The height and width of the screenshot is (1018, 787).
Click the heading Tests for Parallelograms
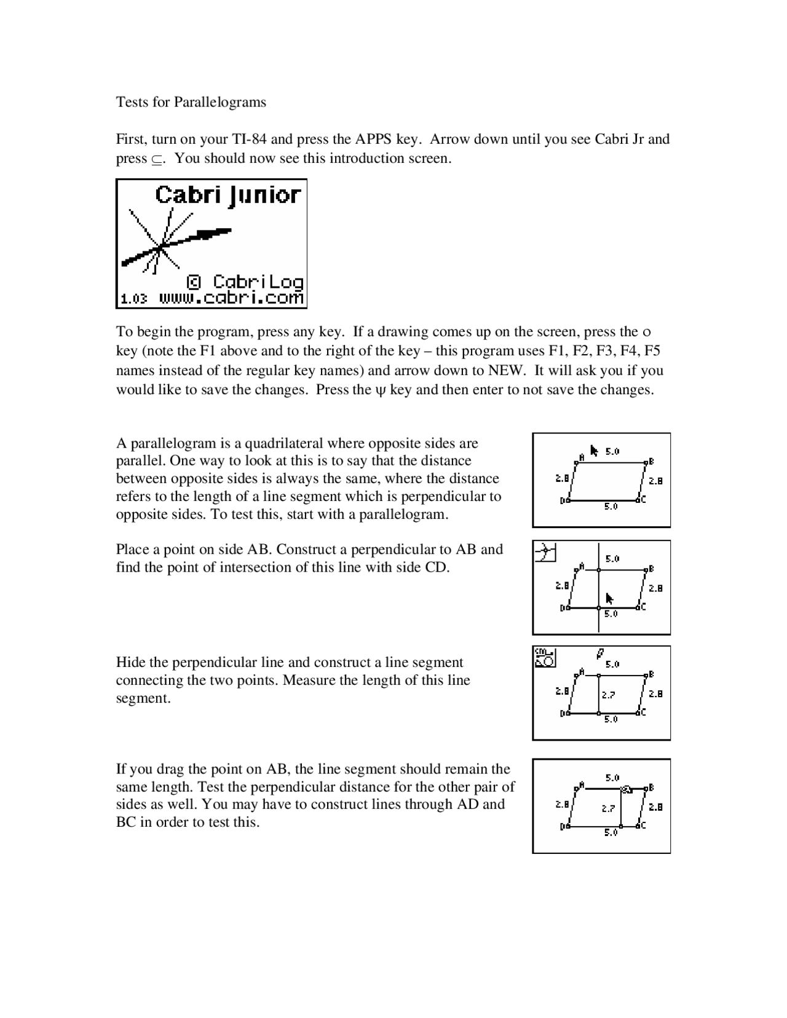click(191, 102)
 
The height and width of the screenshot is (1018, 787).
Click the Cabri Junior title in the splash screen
click(227, 195)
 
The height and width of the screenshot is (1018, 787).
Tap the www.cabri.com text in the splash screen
click(231, 298)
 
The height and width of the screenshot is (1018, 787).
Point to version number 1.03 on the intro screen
click(133, 299)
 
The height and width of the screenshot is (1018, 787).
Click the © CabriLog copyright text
click(245, 282)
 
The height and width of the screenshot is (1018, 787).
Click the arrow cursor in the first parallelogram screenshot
click(594, 451)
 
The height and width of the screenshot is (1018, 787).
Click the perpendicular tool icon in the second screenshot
click(545, 551)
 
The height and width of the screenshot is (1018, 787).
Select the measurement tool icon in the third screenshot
click(545, 657)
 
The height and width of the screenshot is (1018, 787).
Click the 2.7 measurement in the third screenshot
click(608, 695)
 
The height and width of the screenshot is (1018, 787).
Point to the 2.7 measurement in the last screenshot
click(608, 809)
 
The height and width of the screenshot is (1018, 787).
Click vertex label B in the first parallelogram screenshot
click(651, 461)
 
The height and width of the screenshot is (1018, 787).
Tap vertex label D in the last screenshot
click(562, 827)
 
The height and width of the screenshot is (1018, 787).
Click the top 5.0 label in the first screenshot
click(612, 452)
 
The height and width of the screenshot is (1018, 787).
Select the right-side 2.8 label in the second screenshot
click(656, 588)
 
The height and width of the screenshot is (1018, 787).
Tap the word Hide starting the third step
click(130, 663)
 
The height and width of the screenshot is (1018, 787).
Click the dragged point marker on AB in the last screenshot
click(627, 789)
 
